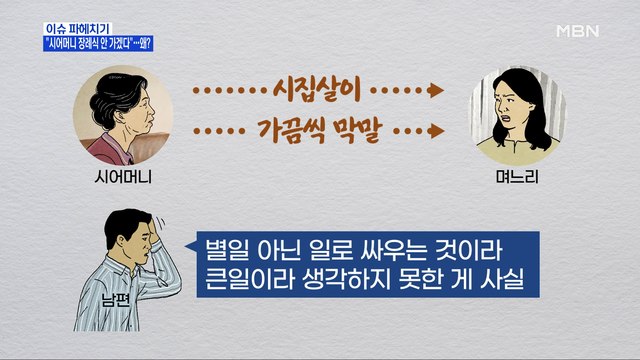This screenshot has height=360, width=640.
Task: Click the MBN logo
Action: coord(577,30)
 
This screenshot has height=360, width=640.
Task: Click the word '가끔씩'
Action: coord(272,129)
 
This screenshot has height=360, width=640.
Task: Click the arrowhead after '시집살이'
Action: coord(437,90)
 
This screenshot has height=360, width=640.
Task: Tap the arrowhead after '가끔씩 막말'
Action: coord(437,130)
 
